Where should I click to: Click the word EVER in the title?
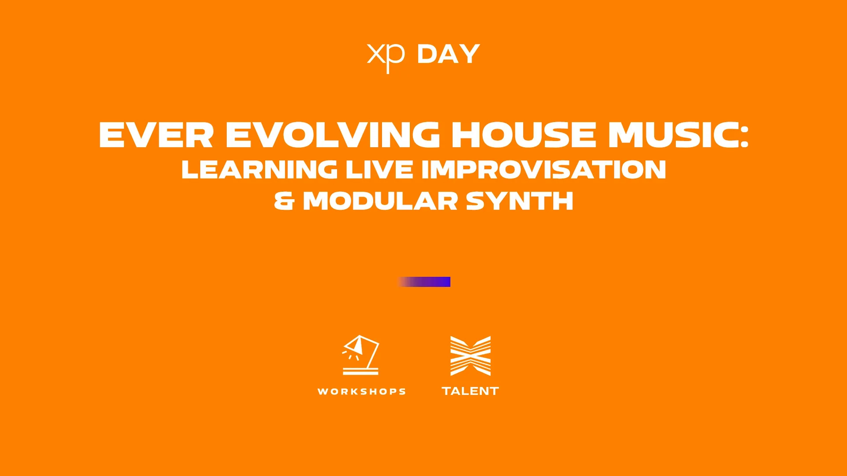coord(156,135)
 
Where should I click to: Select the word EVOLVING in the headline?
coord(332,135)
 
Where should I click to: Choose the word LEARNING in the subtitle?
coord(259,169)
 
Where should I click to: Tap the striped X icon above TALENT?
coord(470,356)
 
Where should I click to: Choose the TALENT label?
coord(470,391)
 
